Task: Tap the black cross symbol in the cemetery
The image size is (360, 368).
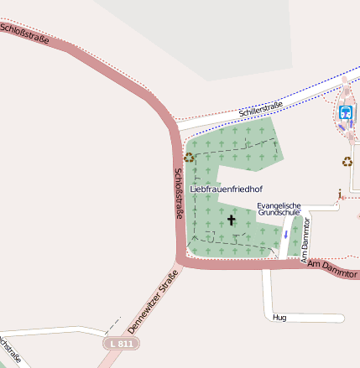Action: (232, 220)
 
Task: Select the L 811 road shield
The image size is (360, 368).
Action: (122, 344)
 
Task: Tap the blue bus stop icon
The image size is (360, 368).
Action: (345, 111)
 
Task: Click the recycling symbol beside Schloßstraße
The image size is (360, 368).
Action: (190, 157)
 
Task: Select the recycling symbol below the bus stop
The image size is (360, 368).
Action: (347, 162)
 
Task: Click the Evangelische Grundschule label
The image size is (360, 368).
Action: (279, 209)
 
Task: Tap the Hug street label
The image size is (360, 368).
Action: (280, 318)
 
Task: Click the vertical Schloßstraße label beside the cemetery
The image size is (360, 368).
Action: (179, 194)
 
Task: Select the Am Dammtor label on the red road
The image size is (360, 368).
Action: (332, 270)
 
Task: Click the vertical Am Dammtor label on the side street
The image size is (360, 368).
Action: (305, 239)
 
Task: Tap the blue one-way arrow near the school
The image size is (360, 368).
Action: (285, 234)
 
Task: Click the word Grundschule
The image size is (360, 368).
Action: (279, 213)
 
